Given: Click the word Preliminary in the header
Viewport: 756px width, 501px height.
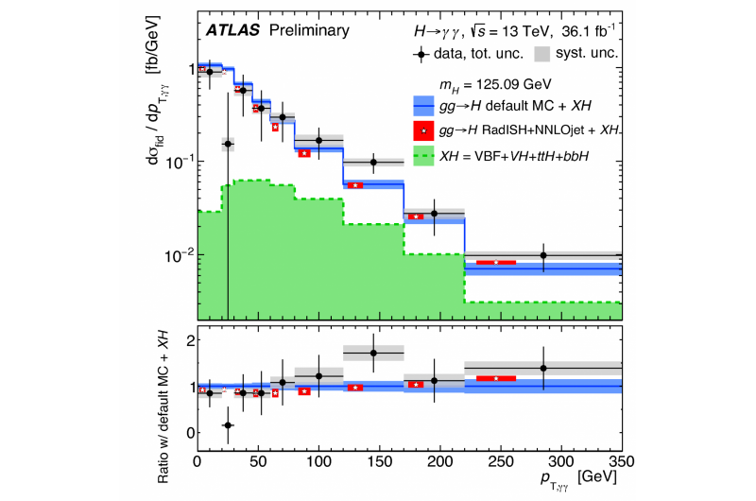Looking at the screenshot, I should tap(308, 30).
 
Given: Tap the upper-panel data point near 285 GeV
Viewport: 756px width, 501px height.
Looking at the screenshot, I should tap(543, 255).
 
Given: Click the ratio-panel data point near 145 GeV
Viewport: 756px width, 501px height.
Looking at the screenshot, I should tap(373, 353).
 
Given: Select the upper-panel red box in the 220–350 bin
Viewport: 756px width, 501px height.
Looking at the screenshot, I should tap(495, 262).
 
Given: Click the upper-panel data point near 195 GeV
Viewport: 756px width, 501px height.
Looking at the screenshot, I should tap(434, 214).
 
